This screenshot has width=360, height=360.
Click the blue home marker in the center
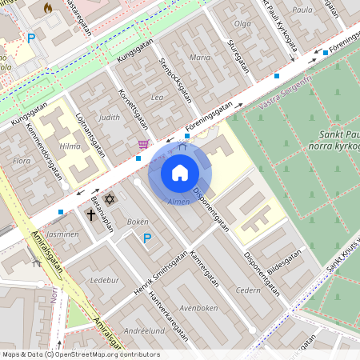(x=180, y=173)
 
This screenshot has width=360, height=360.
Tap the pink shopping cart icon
(x=143, y=144)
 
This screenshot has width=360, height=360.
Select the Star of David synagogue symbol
(x=110, y=198)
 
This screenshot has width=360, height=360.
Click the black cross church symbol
(x=91, y=214)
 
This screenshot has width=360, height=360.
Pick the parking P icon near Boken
(x=146, y=238)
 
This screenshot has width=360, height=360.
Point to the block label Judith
(x=109, y=117)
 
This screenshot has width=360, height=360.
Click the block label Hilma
(x=70, y=146)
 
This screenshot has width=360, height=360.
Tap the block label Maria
(x=200, y=58)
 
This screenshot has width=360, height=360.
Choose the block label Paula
(x=302, y=10)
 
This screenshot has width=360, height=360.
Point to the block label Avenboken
(x=198, y=307)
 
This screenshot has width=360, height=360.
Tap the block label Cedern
(x=249, y=290)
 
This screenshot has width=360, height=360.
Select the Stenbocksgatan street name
(x=176, y=79)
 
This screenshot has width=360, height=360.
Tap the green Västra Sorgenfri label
(x=285, y=90)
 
